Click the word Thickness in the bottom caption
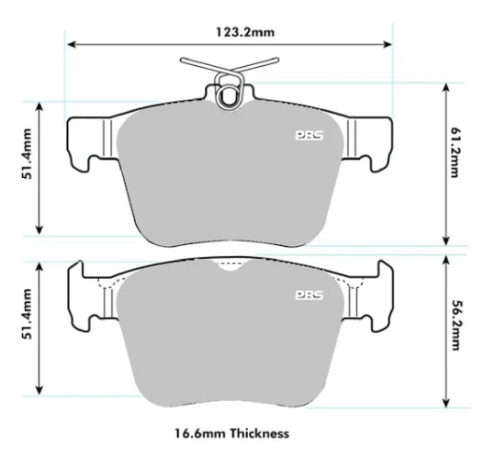[x=259, y=432]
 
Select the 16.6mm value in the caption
[x=198, y=432]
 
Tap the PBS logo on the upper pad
[x=308, y=135]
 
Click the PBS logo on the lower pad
[x=308, y=295]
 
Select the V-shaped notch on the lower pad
[x=227, y=265]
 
